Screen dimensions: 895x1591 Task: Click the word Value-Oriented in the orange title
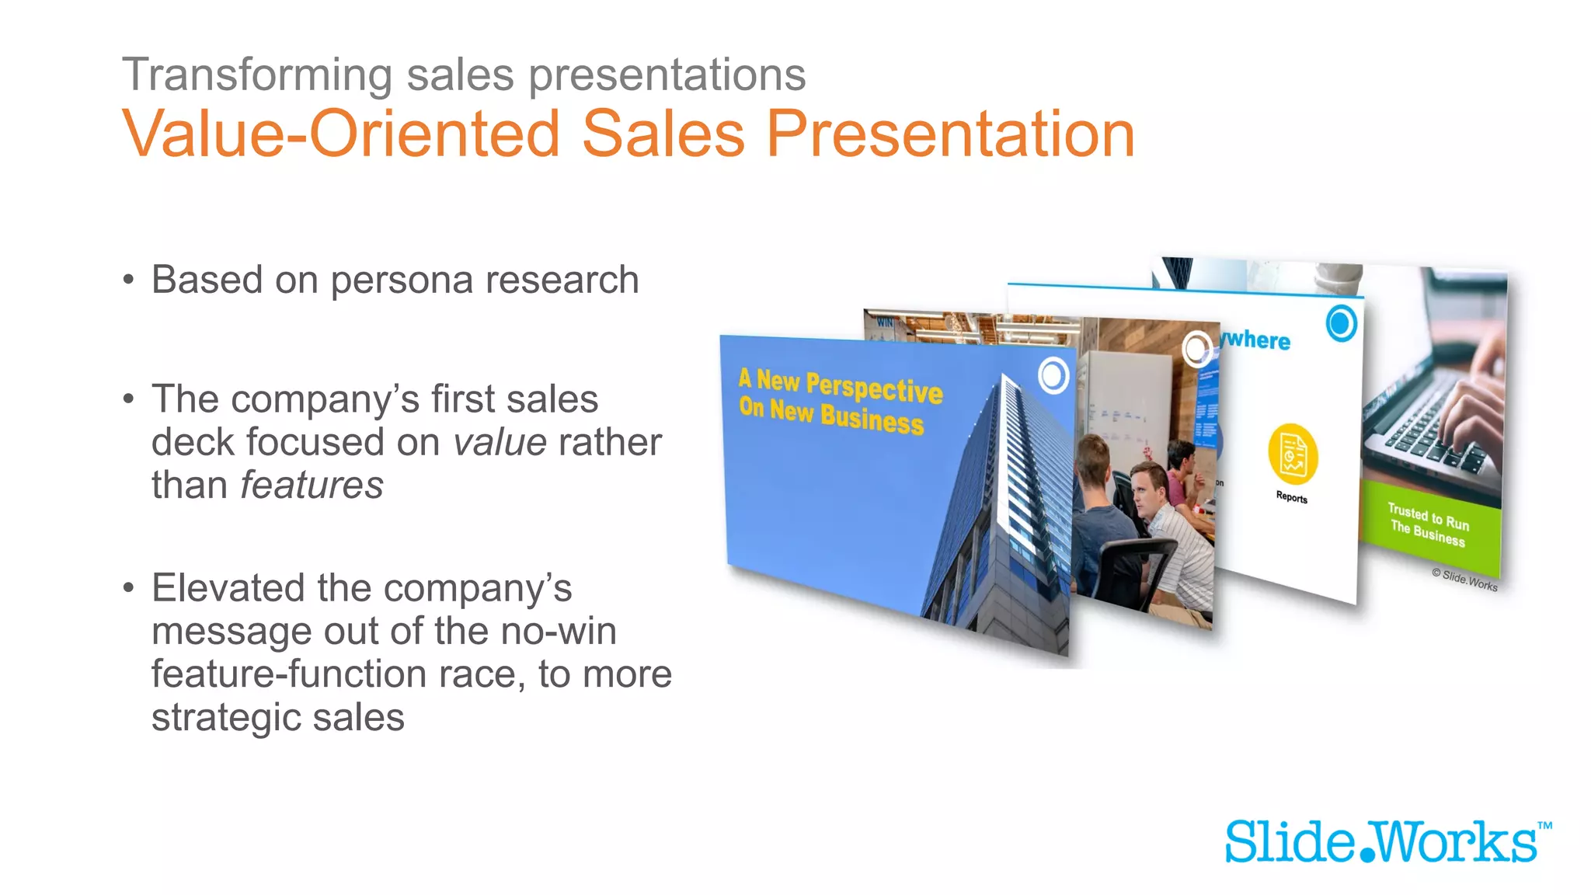pos(340,134)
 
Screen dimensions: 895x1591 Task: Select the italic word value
pos(500,443)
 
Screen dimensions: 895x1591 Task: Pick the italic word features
pos(312,486)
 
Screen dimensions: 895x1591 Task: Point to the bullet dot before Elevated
pos(129,588)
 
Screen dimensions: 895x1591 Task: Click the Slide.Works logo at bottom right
pos(1380,842)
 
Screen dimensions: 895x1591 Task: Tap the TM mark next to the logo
pos(1544,826)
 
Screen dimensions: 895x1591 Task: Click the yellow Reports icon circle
pos(1293,454)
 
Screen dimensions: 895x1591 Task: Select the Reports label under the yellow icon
pos(1291,497)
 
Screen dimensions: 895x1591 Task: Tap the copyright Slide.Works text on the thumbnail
pos(1464,580)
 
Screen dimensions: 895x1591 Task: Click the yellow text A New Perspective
pos(840,385)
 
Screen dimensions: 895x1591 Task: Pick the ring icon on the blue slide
pos(1053,376)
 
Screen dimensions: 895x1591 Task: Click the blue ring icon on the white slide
pos(1341,323)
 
